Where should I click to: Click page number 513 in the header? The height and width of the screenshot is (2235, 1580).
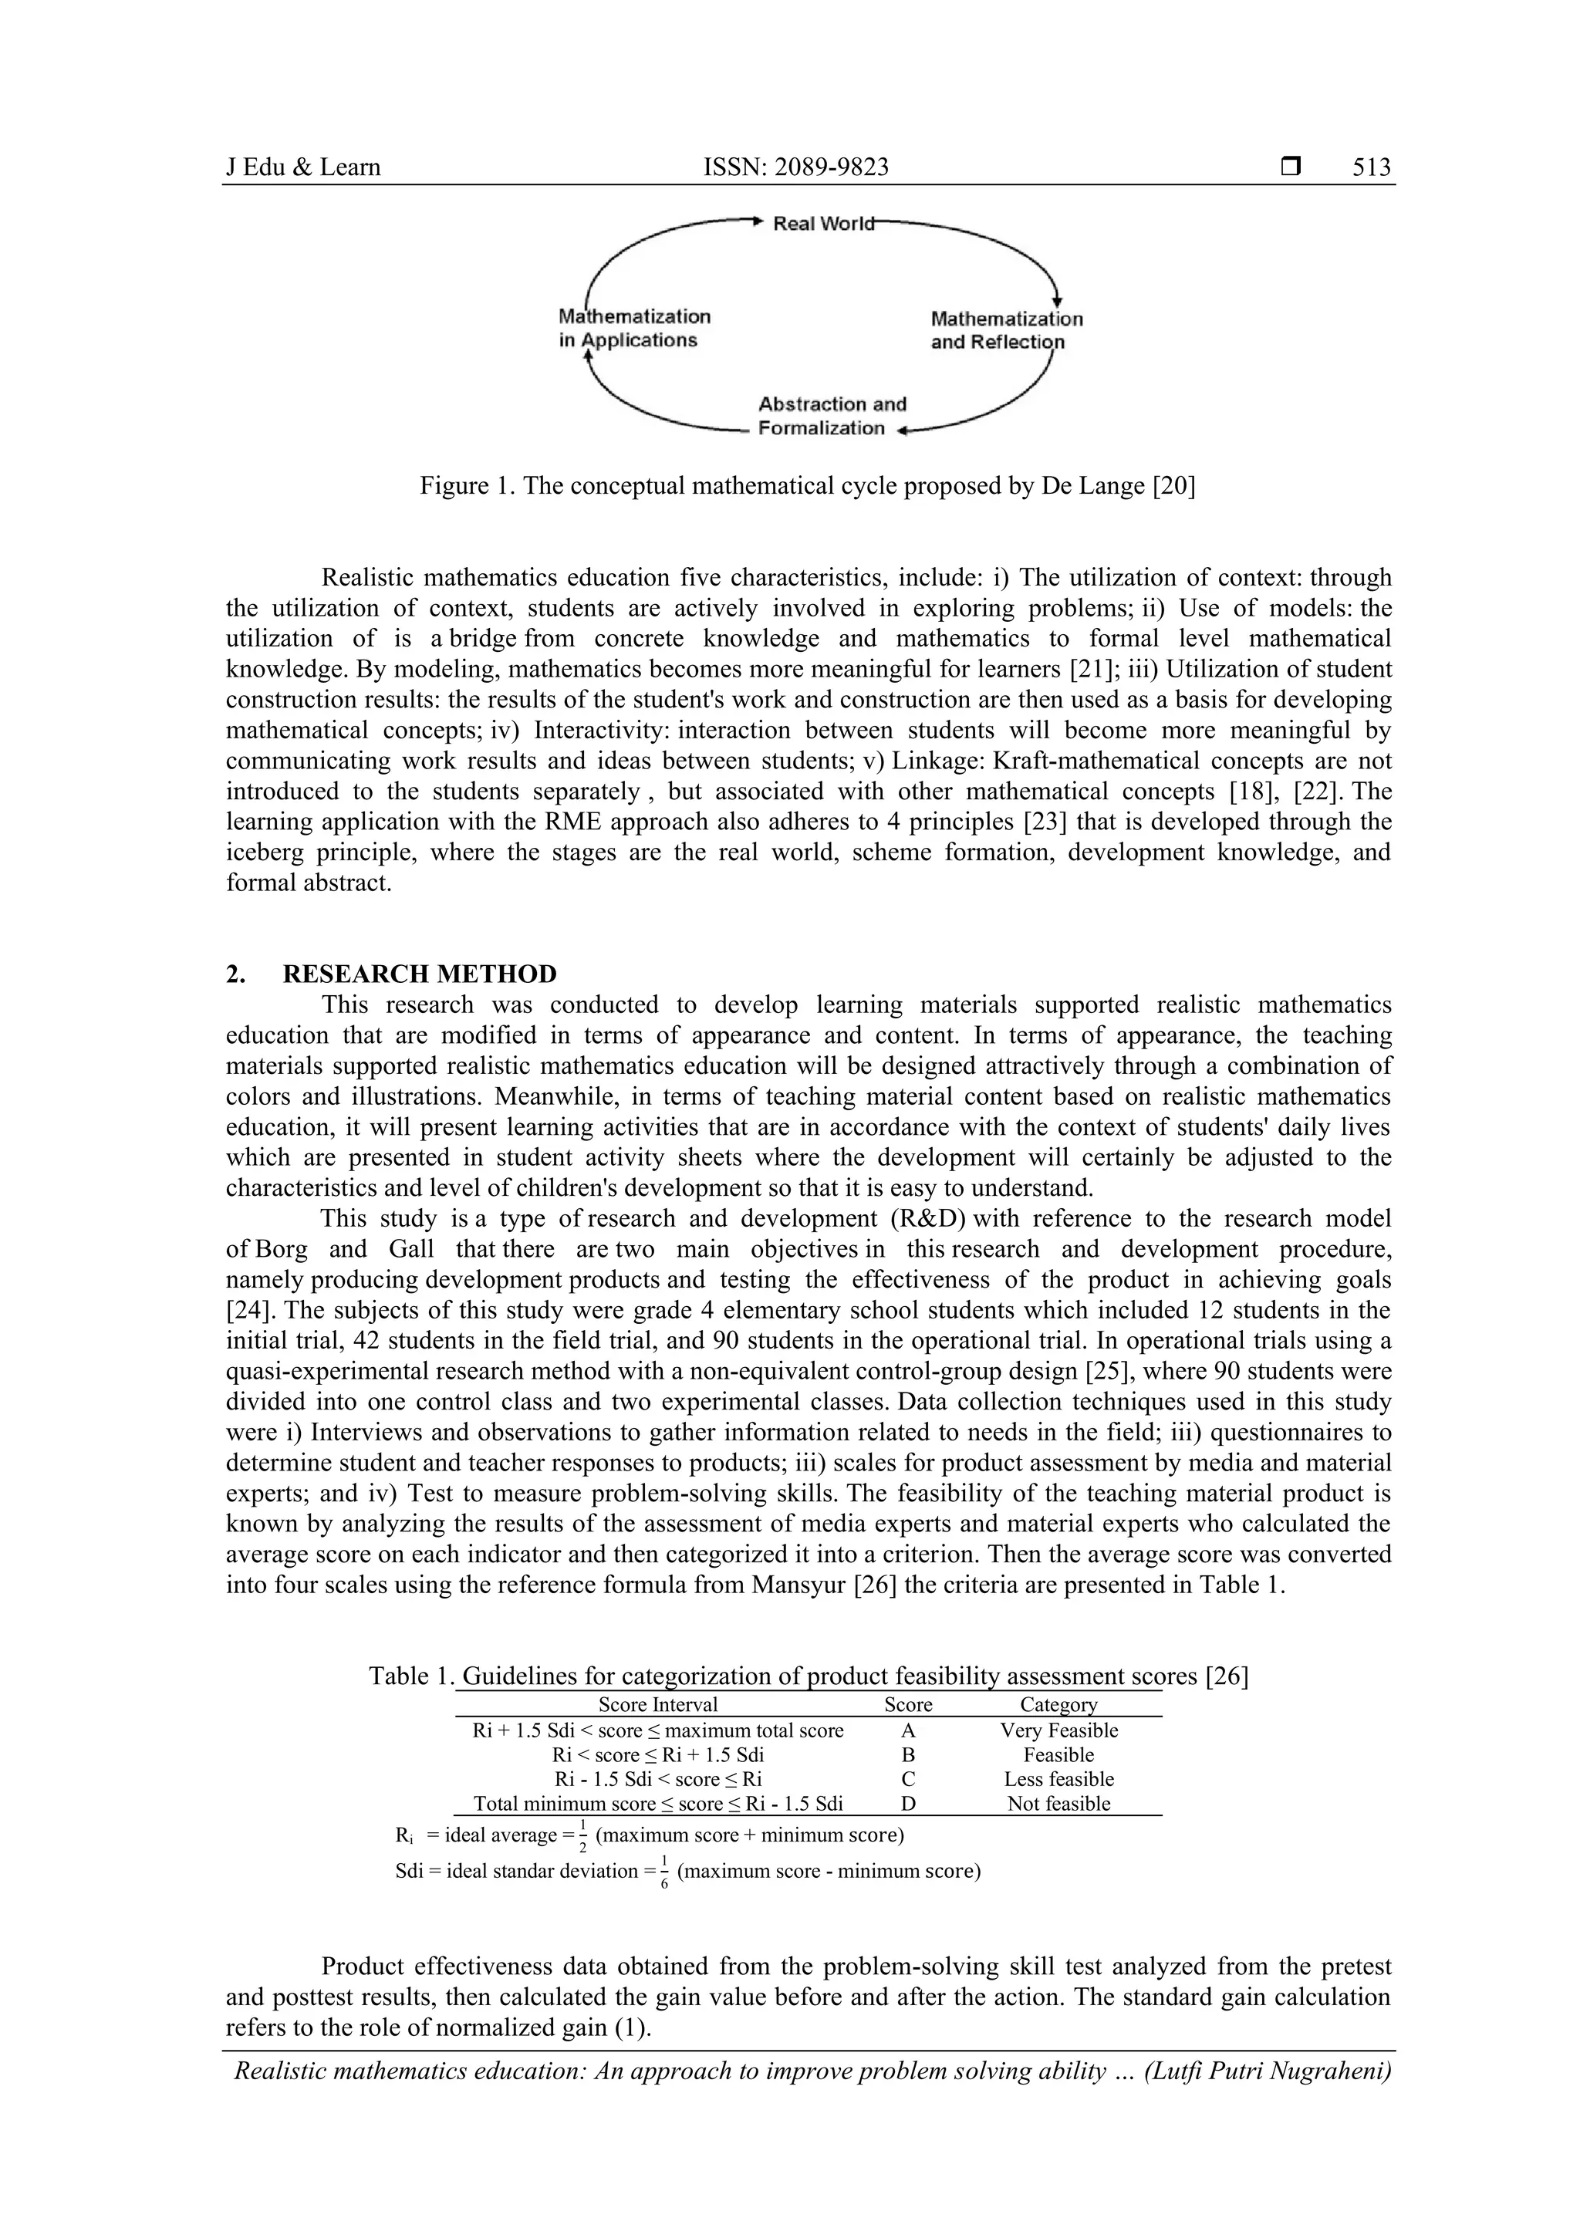point(1371,167)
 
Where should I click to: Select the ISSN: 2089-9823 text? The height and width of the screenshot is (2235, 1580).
point(795,167)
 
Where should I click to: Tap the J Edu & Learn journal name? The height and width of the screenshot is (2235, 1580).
point(302,167)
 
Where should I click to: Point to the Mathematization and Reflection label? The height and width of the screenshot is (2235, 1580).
point(1006,330)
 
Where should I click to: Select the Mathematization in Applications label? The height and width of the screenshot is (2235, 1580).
point(633,328)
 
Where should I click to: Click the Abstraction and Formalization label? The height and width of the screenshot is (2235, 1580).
point(832,416)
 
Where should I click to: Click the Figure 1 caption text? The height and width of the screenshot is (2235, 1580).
point(807,486)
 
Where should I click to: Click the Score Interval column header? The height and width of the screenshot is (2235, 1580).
point(657,1704)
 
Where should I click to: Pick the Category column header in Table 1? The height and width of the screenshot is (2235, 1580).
point(1058,1704)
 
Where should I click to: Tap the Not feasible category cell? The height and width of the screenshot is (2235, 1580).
point(1058,1803)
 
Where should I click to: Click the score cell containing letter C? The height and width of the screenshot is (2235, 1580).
point(907,1778)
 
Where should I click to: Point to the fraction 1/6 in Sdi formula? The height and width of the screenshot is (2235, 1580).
point(664,1871)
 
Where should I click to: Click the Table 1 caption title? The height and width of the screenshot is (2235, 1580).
point(807,1676)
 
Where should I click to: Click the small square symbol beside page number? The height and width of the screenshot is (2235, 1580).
point(1291,167)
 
